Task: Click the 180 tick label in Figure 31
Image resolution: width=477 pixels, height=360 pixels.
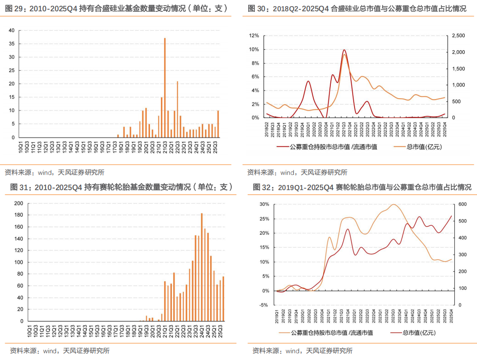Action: pos(19,215)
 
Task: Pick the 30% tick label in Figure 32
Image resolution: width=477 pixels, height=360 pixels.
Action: pos(264,204)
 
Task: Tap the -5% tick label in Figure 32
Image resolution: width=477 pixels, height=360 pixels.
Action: pos(264,305)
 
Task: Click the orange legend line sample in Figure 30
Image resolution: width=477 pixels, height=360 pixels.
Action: pos(399,147)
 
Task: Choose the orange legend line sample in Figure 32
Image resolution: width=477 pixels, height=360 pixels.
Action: pos(283,332)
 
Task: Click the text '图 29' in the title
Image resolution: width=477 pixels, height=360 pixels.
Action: pos(13,8)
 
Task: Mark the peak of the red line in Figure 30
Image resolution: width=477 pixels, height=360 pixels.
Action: pos(344,50)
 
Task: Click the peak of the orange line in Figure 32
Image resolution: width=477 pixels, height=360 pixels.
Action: pos(393,204)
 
